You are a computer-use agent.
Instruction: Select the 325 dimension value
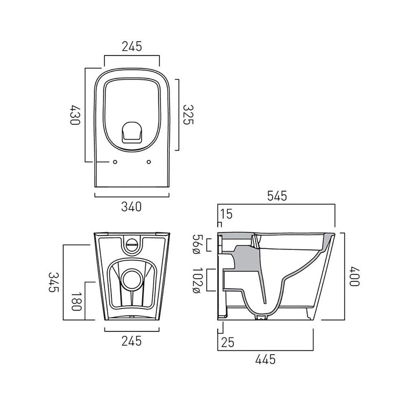point(188,115)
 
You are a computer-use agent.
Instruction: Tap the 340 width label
point(131,207)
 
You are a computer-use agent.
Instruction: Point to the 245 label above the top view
point(132,47)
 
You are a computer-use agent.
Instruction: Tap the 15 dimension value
point(227,214)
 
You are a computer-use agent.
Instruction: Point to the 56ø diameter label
point(197,245)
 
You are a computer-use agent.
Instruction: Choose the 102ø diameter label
point(197,280)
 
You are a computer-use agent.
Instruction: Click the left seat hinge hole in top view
point(115,162)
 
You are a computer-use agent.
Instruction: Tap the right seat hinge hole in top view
point(149,162)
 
